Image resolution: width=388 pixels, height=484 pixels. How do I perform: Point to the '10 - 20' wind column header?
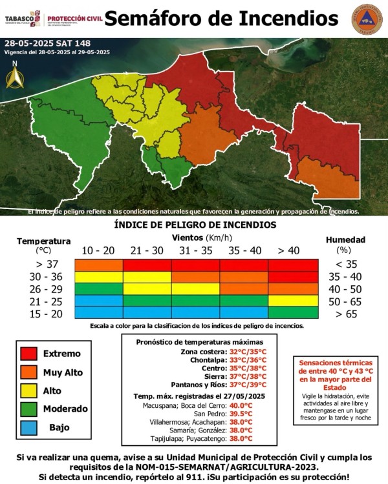point(98,250)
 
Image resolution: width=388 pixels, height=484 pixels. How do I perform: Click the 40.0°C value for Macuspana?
point(239,405)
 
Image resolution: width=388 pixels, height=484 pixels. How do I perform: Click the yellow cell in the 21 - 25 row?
point(292,301)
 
